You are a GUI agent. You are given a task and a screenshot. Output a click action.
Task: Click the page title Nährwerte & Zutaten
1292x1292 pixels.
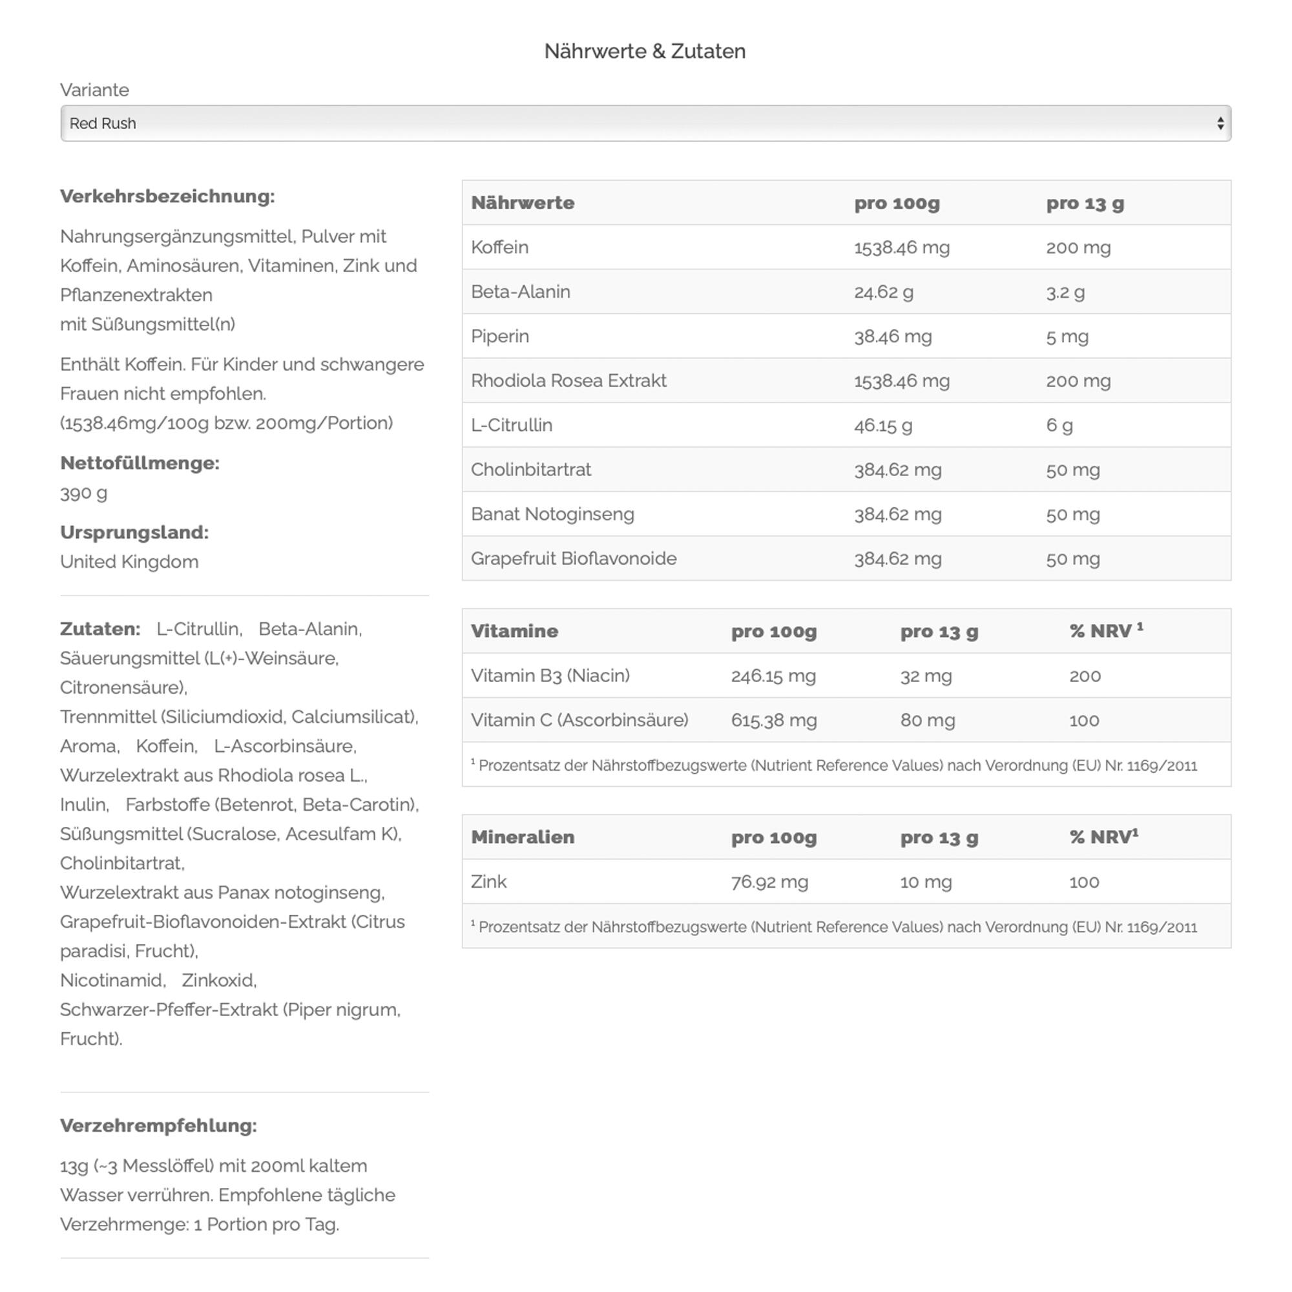(645, 52)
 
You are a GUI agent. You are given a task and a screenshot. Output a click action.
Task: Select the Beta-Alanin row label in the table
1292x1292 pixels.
(520, 292)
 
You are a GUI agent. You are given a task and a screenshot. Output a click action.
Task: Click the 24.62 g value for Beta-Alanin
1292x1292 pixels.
(882, 292)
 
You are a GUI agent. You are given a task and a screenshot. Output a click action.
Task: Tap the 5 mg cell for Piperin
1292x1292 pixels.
(1067, 337)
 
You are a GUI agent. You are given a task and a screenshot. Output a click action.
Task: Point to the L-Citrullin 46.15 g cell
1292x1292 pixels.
(882, 425)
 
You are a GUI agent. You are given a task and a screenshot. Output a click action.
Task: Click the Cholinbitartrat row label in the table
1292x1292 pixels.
(531, 470)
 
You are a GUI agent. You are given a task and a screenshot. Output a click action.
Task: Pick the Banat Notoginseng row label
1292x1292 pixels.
(552, 514)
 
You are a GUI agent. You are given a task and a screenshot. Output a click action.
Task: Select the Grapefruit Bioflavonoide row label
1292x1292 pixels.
(574, 559)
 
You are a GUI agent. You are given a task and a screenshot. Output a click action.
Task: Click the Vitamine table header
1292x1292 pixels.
(514, 631)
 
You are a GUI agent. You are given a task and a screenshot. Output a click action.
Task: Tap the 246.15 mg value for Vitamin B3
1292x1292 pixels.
(773, 676)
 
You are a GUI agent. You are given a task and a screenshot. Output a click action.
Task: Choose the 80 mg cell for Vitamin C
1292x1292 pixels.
(927, 720)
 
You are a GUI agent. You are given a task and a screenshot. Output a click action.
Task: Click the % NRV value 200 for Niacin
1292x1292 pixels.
(1085, 676)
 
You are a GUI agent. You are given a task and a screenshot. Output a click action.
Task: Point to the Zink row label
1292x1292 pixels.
(489, 882)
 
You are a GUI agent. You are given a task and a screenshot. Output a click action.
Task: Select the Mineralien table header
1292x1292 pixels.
(522, 837)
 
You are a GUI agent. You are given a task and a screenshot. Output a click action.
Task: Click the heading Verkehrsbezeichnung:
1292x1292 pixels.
(167, 196)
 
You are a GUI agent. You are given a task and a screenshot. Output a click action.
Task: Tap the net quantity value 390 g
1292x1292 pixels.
(83, 494)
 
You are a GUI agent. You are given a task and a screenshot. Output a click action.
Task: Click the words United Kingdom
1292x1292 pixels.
(129, 562)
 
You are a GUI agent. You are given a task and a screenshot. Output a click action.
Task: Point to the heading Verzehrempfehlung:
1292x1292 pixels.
(158, 1126)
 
